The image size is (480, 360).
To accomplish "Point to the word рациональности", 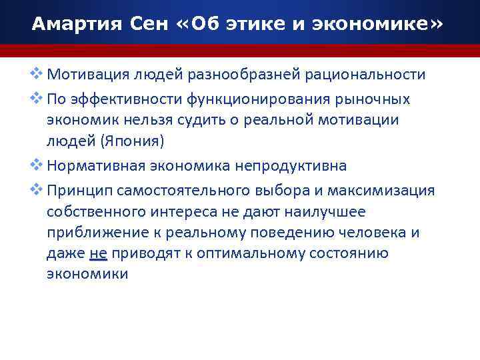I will [x=365, y=74].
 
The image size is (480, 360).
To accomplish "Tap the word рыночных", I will [x=374, y=99].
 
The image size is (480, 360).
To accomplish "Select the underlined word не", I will [x=97, y=254].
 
